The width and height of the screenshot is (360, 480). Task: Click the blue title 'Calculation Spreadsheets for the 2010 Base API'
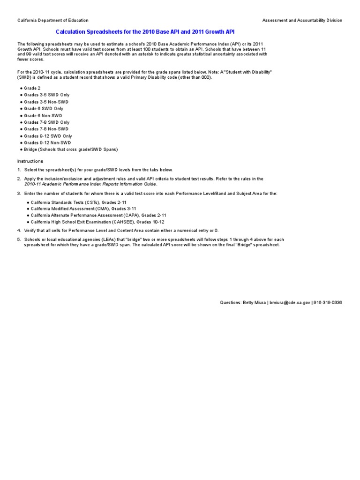tap(145, 31)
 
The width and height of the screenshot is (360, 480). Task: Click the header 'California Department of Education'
tap(53, 21)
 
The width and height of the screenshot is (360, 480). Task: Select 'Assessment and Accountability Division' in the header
tap(302, 21)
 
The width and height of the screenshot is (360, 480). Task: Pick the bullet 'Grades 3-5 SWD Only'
tap(46, 95)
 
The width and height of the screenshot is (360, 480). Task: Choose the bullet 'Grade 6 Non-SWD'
tap(43, 115)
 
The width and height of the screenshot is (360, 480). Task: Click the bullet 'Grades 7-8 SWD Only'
tap(46, 122)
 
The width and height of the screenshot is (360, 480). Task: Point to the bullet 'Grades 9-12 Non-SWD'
tap(47, 142)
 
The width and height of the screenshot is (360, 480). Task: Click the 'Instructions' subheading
tap(30, 161)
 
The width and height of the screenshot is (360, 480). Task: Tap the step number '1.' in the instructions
tap(20, 170)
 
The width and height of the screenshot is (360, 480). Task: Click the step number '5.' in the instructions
tap(20, 240)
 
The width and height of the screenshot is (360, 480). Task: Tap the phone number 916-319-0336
tap(328, 303)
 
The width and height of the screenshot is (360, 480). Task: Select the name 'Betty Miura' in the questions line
tap(254, 303)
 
